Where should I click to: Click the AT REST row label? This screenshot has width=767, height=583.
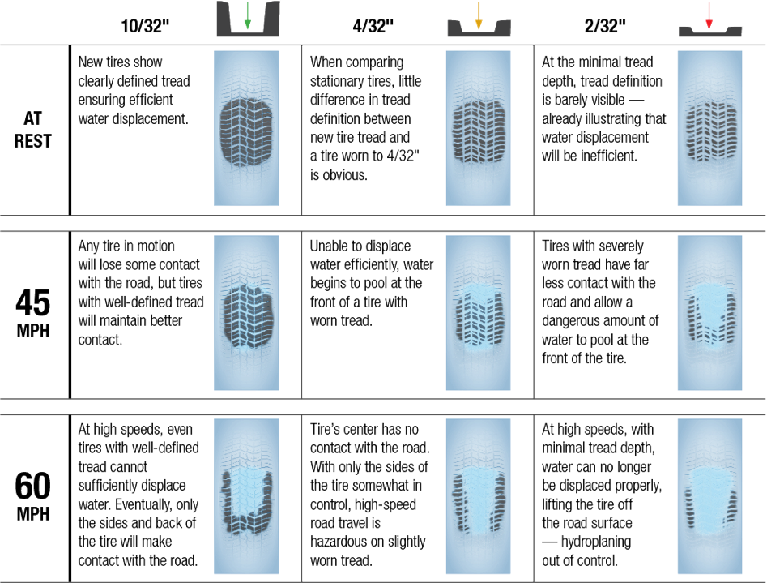click(32, 130)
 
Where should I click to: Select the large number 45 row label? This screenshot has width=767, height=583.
click(33, 303)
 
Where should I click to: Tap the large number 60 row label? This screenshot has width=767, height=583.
click(33, 484)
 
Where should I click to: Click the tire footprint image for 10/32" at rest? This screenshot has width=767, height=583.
click(246, 128)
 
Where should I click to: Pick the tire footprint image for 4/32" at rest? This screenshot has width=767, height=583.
click(478, 128)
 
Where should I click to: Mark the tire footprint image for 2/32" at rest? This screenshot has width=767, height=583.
click(709, 128)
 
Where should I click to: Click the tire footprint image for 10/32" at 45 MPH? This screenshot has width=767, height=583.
click(246, 312)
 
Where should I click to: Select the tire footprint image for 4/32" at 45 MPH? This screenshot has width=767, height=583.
click(478, 312)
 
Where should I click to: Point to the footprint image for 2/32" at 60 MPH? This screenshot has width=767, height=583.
click(709, 493)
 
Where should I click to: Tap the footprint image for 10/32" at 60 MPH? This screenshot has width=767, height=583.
click(246, 493)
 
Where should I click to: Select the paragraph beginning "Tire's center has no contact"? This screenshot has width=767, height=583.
click(369, 495)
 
